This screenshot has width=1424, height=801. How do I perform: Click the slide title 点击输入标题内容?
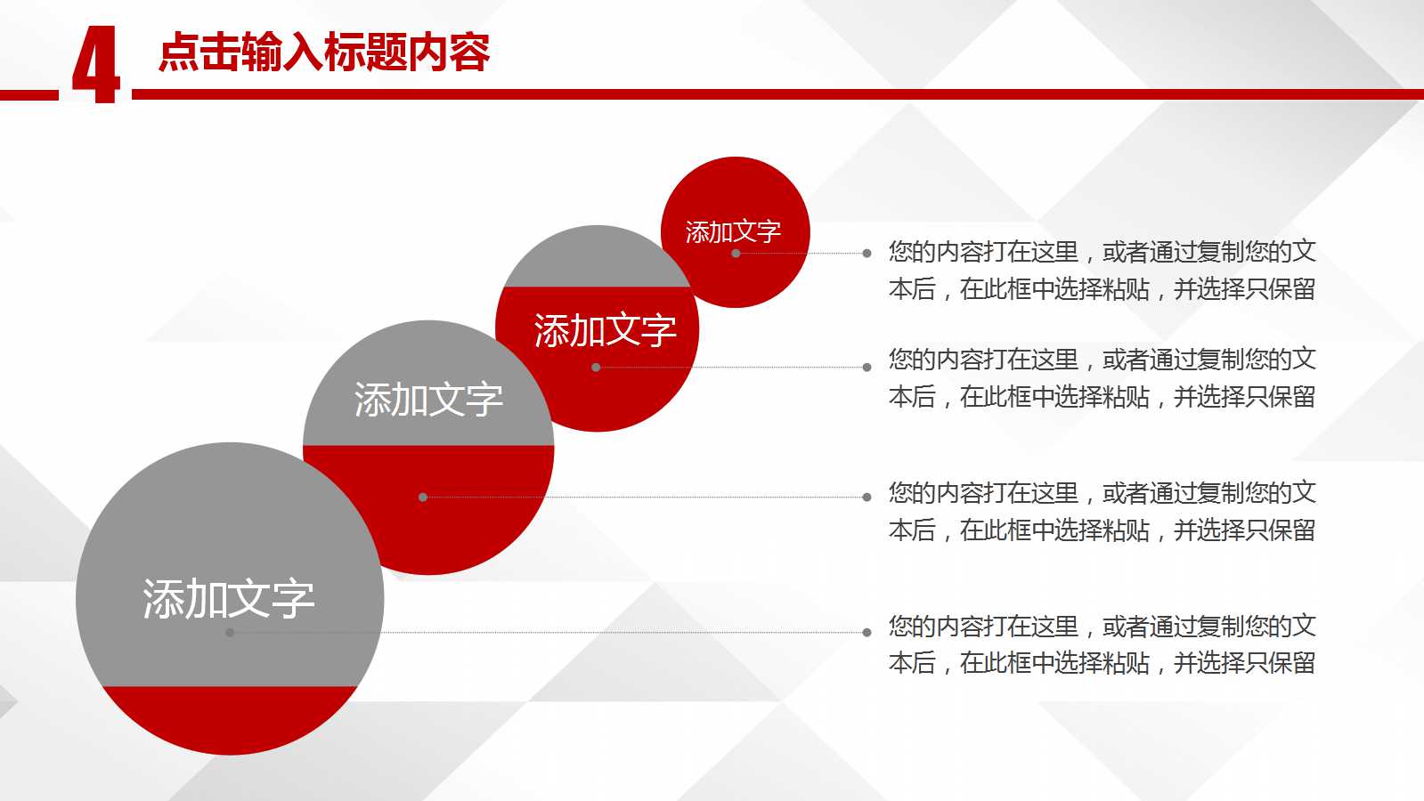(x=324, y=53)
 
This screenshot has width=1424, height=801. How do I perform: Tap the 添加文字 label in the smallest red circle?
(x=733, y=231)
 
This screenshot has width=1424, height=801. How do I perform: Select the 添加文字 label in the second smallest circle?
(x=605, y=331)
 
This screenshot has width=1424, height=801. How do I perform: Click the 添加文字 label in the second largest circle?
(x=428, y=400)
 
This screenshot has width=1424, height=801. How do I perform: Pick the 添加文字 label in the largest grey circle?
(x=229, y=599)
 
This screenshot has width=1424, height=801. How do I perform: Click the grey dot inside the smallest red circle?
(x=736, y=254)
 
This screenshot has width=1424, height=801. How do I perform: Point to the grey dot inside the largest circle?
(x=230, y=633)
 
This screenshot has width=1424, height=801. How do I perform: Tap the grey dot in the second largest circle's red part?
(x=423, y=498)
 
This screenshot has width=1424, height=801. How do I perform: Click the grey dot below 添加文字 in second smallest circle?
(x=596, y=367)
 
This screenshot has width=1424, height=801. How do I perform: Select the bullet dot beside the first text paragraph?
(x=867, y=254)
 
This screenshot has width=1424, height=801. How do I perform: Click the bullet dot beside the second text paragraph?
(x=867, y=367)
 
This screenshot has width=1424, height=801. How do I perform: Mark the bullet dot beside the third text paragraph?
(x=867, y=498)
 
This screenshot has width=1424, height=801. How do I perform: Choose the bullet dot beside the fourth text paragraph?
(x=867, y=633)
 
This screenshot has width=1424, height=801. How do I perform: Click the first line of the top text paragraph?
(x=1102, y=252)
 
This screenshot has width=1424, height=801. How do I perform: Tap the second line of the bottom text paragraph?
(x=1102, y=663)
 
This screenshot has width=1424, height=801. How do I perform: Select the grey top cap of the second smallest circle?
(x=595, y=258)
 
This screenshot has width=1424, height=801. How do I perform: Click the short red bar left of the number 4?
(x=28, y=94)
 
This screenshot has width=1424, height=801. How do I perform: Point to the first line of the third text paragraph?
(x=1102, y=493)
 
